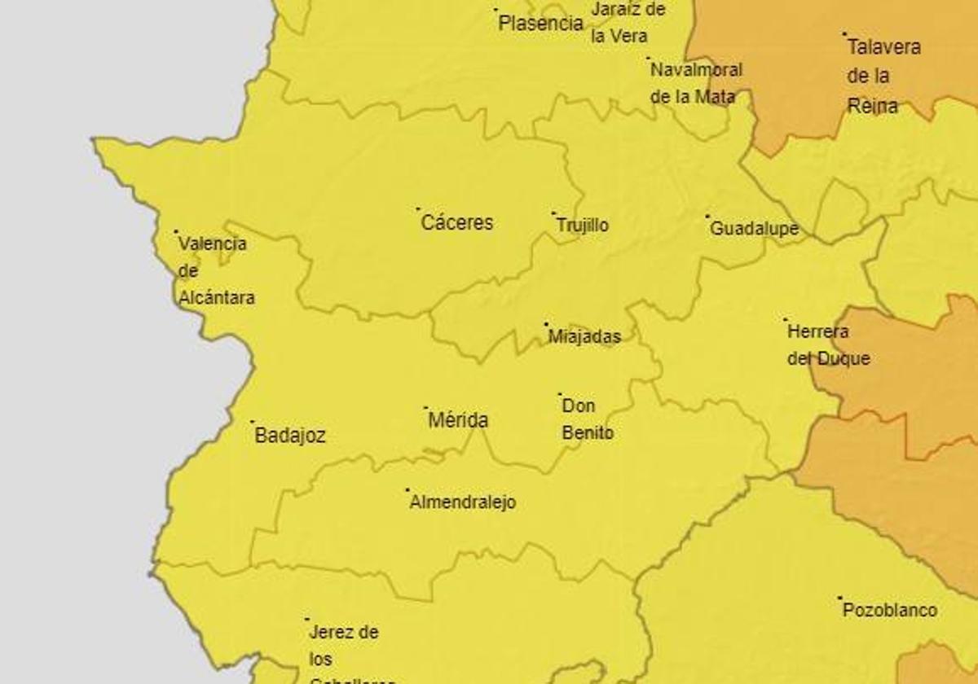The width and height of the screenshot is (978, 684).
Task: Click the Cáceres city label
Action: pyautogui.click(x=456, y=222)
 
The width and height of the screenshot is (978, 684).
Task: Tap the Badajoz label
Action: pyautogui.click(x=290, y=436)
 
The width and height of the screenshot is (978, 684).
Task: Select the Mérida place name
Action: pyautogui.click(x=458, y=420)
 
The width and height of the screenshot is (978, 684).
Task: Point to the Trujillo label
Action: pyautogui.click(x=582, y=226)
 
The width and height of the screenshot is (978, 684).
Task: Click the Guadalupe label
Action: pyautogui.click(x=754, y=229)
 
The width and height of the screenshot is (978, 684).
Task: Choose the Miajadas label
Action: pyautogui.click(x=584, y=336)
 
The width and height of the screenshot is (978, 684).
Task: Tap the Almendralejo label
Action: pyautogui.click(x=462, y=502)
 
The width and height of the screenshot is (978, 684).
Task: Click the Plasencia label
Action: pyautogui.click(x=540, y=23)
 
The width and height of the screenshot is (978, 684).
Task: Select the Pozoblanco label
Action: pyautogui.click(x=889, y=610)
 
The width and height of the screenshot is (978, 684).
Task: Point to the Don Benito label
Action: pyautogui.click(x=588, y=419)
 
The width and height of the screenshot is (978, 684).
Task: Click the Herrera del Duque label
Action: pyautogui.click(x=828, y=344)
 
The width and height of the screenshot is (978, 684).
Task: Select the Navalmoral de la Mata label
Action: pyautogui.click(x=695, y=83)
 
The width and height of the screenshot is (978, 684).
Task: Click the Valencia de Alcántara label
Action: pyautogui.click(x=215, y=270)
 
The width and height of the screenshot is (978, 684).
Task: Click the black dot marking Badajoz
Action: pyautogui.click(x=252, y=422)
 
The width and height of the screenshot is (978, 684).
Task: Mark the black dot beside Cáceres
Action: pyautogui.click(x=418, y=209)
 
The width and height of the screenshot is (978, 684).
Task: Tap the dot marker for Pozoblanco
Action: pyautogui.click(x=839, y=598)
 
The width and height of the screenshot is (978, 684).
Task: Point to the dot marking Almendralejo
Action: pyautogui.click(x=407, y=490)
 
